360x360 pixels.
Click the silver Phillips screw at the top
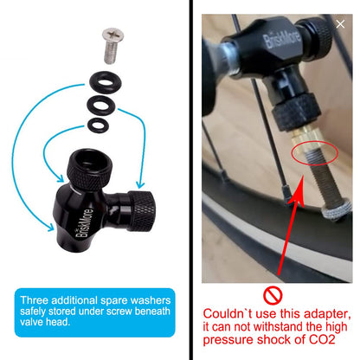112,45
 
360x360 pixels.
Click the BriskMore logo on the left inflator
85,222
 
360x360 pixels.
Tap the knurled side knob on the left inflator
141,210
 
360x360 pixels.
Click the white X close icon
340,24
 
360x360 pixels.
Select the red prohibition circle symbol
273,295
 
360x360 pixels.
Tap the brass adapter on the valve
306,138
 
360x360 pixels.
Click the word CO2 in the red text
322,339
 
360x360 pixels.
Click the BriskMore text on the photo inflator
282,39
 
